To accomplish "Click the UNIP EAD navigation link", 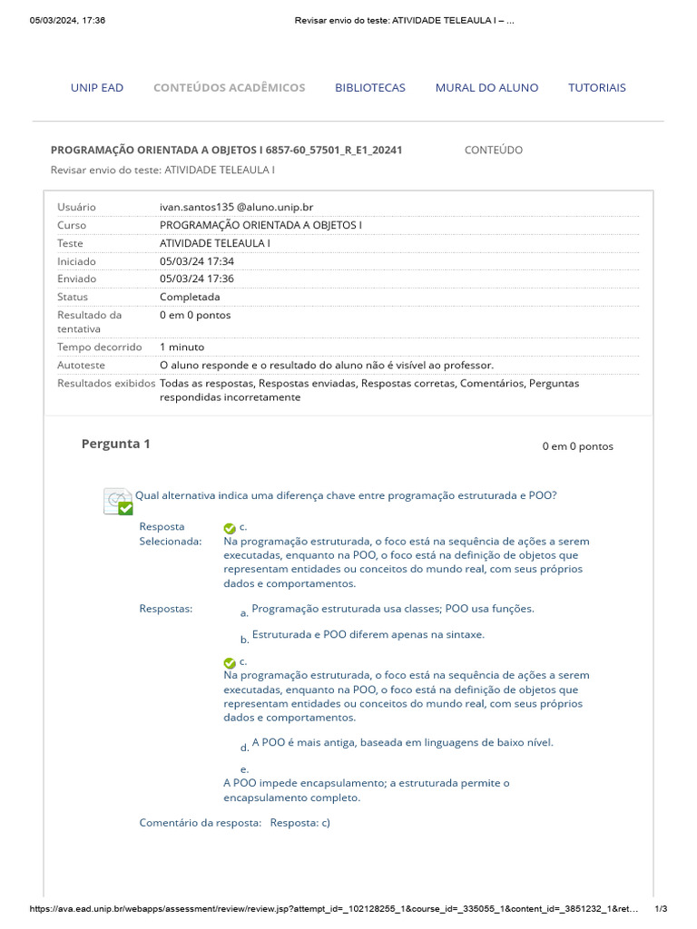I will [97, 88].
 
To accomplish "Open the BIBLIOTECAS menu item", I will [370, 88].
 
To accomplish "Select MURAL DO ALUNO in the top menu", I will [486, 88].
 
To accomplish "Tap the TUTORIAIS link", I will [597, 88].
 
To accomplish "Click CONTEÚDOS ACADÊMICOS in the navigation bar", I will [229, 88].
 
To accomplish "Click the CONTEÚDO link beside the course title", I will [493, 150].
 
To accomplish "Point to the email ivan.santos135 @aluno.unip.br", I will [236, 208].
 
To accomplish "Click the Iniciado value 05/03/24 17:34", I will [197, 261].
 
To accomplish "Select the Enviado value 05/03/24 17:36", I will [197, 279].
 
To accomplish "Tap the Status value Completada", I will [190, 297].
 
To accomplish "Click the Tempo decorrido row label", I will [100, 347].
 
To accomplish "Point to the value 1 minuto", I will [182, 347].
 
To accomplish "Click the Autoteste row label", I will [81, 365].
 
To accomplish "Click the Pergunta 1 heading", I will [116, 444].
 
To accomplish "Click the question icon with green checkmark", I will [118, 501].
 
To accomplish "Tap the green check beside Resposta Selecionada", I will [230, 528].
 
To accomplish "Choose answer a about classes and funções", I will [392, 609].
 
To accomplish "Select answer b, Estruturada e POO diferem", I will [368, 635].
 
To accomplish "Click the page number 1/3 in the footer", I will [661, 909].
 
